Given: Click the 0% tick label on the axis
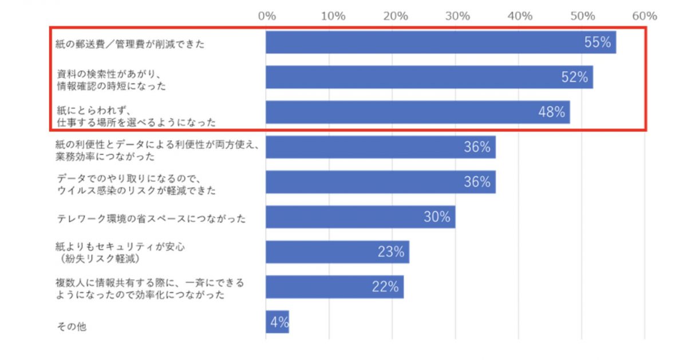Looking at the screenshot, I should pyautogui.click(x=267, y=15).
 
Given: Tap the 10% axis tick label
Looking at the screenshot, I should pyautogui.click(x=333, y=15).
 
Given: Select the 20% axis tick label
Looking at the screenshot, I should pyautogui.click(x=396, y=15).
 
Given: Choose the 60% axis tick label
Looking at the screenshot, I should pyautogui.click(x=645, y=15).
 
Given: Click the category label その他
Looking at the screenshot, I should pyautogui.click(x=72, y=327).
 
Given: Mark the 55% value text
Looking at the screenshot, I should pyautogui.click(x=598, y=42).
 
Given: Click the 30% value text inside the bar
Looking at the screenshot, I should pyautogui.click(x=437, y=217).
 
